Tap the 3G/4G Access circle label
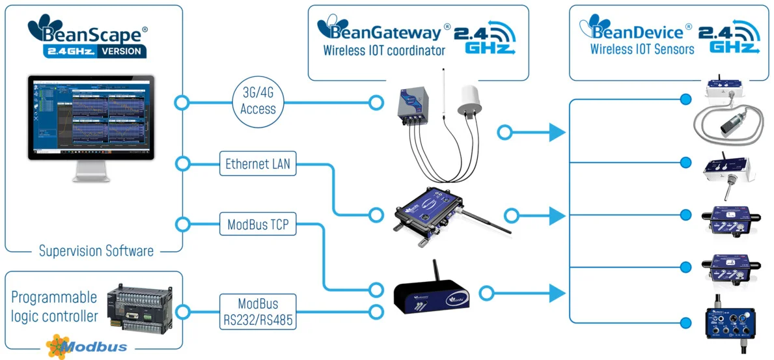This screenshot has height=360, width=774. (x=258, y=102)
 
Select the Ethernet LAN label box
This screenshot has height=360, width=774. (x=258, y=165)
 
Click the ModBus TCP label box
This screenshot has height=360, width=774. (x=258, y=225)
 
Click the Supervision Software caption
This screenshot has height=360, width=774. (x=96, y=251)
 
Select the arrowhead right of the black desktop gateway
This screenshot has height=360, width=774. (x=556, y=293)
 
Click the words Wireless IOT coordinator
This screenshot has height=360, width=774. (x=384, y=51)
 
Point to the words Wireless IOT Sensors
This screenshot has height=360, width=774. (x=642, y=49)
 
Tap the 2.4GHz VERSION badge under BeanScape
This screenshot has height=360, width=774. (x=95, y=51)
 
